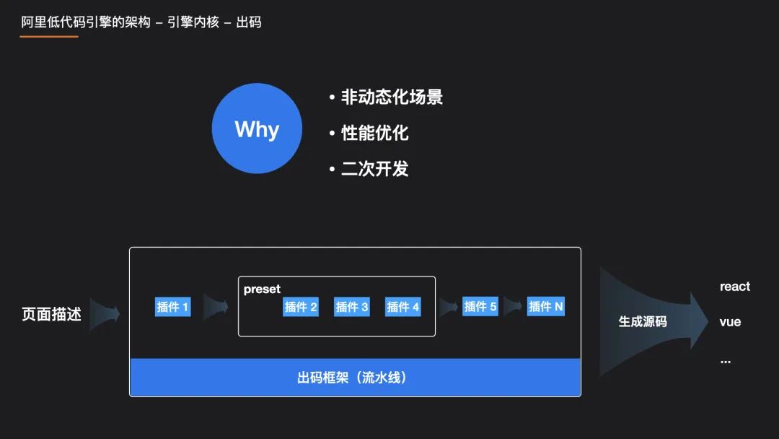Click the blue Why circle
point(257,129)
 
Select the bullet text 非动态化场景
point(392,97)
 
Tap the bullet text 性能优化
point(374,133)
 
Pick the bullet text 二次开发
point(374,169)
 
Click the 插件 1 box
point(173,307)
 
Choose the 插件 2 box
point(301,307)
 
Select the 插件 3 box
point(352,307)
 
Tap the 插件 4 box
point(402,307)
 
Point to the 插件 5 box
point(480,306)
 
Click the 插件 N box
point(546,306)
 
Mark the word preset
point(262,289)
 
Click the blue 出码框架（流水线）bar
point(355,378)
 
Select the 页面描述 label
point(52,315)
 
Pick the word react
point(734,287)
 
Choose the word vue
point(730,322)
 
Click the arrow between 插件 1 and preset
point(215,307)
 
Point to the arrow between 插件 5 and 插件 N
point(513,306)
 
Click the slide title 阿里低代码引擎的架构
point(86,22)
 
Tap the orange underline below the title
point(49,36)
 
